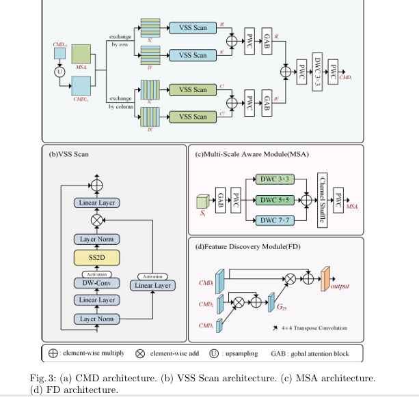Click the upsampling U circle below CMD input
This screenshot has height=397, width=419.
tap(59, 70)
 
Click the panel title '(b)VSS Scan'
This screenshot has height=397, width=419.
tap(68, 154)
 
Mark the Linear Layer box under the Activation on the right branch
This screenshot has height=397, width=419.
tap(152, 285)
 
